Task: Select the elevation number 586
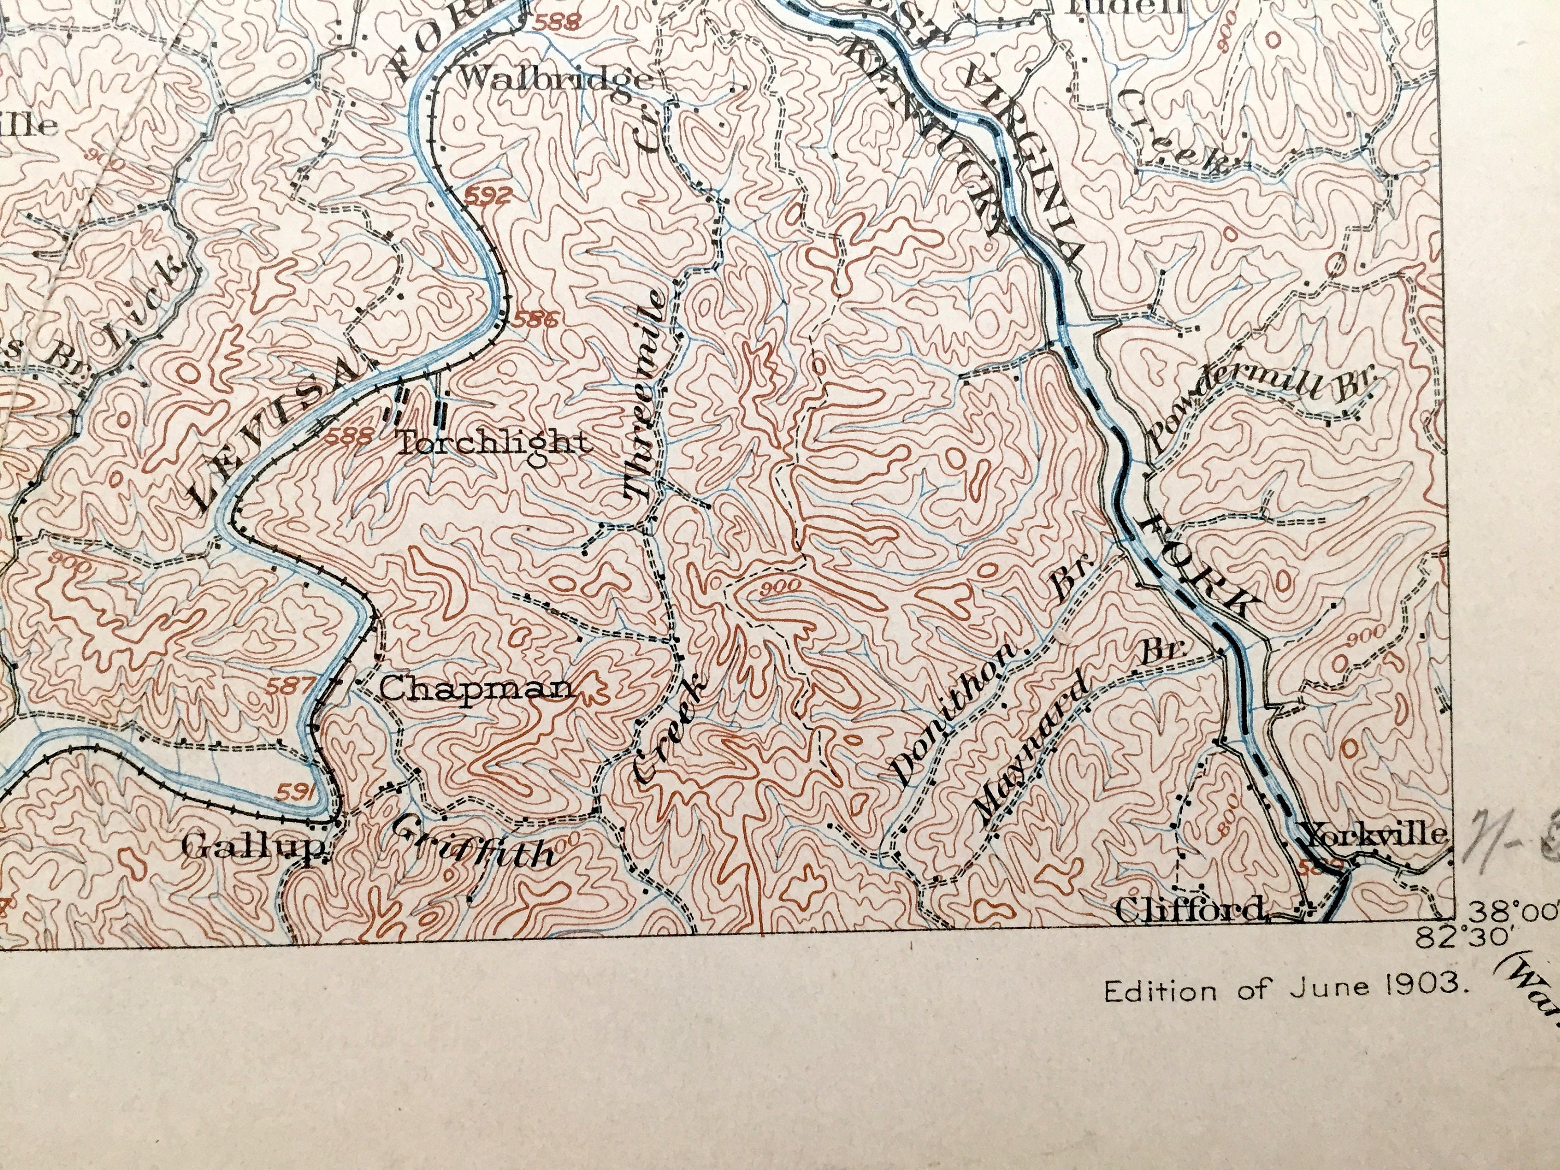coord(538,319)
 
